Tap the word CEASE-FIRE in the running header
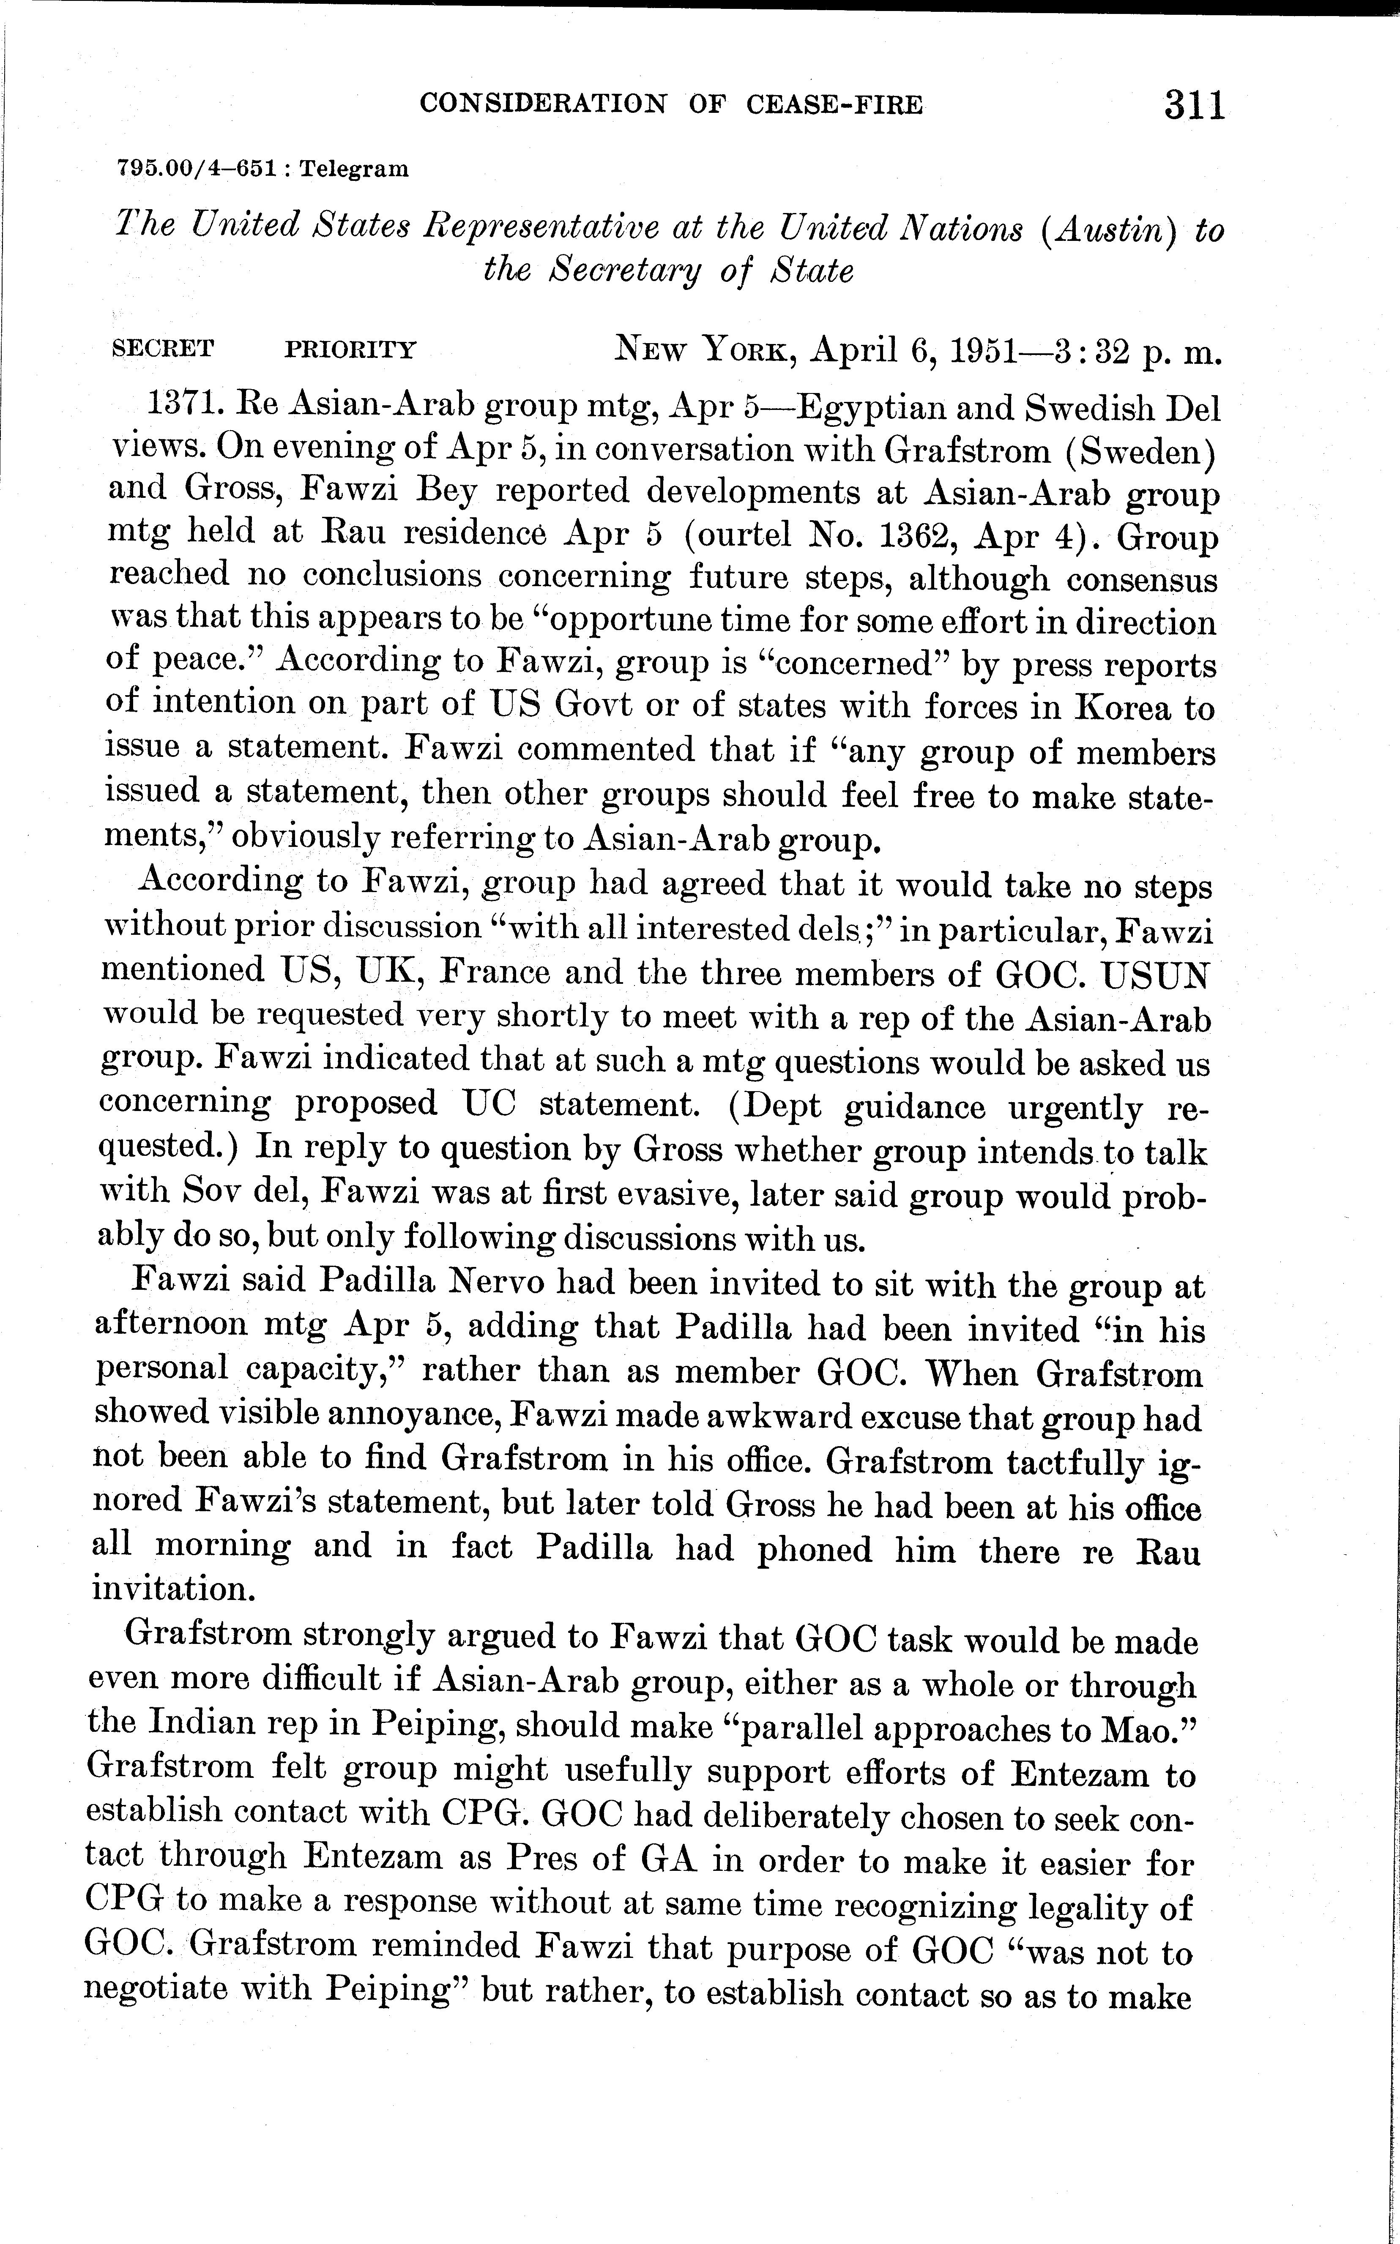[834, 104]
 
